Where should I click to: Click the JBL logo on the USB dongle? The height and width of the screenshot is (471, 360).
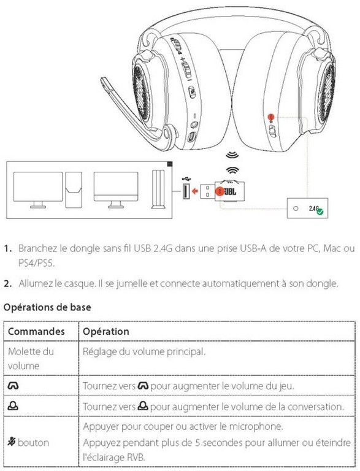coord(231,191)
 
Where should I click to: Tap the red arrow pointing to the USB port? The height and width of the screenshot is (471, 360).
coord(195,191)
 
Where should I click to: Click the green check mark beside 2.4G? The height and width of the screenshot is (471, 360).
coord(320,212)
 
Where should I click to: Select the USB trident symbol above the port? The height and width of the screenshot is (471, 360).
coord(186,178)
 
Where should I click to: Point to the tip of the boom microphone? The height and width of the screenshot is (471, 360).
coord(104,80)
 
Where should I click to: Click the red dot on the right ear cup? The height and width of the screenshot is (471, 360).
coord(271,117)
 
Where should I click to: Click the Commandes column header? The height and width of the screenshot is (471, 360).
coord(36,331)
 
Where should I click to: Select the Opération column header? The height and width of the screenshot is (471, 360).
coord(106,331)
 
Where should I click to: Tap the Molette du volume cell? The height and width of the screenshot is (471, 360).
coord(31,358)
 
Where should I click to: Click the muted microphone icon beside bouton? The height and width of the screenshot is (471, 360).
coord(12,442)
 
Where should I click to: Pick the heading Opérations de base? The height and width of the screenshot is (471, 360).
coord(47,307)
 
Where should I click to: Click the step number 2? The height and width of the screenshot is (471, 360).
coord(8,283)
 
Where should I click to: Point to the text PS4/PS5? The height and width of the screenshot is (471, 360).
coord(37,263)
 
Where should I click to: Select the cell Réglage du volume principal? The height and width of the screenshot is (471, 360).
coord(144,351)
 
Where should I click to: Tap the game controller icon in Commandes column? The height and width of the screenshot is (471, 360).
coord(13,385)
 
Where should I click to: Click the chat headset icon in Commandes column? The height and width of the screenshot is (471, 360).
coord(13,406)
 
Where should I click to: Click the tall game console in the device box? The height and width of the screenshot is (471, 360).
coord(158,190)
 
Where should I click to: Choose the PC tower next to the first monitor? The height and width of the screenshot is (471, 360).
coord(74,190)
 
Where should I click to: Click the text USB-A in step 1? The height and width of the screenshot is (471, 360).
coord(253,248)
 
